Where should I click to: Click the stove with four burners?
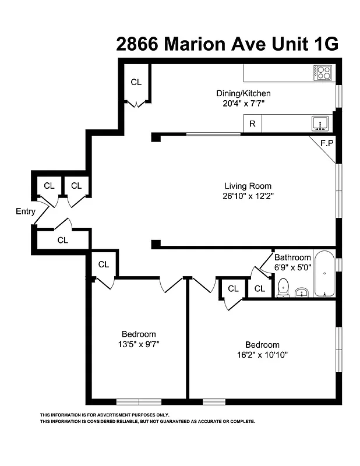click(x=324, y=73)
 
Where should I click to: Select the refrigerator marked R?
click(x=252, y=123)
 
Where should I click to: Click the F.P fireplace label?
click(x=327, y=143)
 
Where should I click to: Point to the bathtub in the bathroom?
click(x=324, y=274)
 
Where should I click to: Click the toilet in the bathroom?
click(x=283, y=287)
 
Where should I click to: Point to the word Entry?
click(x=26, y=211)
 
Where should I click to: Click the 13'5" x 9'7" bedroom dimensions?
click(x=138, y=344)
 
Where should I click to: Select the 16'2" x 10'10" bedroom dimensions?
click(x=262, y=354)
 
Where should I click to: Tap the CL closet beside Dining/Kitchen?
click(x=136, y=82)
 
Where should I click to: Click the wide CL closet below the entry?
click(x=63, y=239)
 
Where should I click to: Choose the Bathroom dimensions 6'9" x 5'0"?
click(x=292, y=267)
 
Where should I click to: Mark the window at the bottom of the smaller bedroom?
click(x=139, y=401)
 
